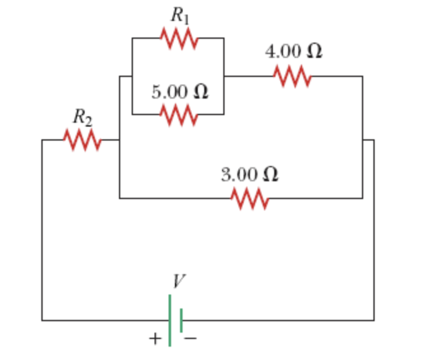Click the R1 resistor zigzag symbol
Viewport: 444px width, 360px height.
click(x=179, y=39)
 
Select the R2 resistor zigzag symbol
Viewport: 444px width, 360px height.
click(x=81, y=139)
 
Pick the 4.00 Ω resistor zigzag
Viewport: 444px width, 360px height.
click(x=292, y=76)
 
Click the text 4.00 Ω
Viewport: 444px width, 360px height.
click(x=293, y=52)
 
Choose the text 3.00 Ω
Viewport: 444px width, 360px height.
click(x=249, y=174)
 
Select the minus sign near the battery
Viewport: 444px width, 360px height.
click(x=191, y=338)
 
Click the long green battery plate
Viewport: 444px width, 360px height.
click(x=170, y=320)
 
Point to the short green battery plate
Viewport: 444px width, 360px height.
click(x=182, y=320)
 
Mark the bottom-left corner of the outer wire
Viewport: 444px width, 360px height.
click(x=43, y=320)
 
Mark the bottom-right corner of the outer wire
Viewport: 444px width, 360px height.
click(x=373, y=320)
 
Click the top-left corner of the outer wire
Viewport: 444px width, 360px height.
click(x=43, y=140)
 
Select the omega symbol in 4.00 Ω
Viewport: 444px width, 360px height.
click(x=314, y=52)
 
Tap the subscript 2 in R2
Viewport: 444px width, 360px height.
click(x=89, y=120)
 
